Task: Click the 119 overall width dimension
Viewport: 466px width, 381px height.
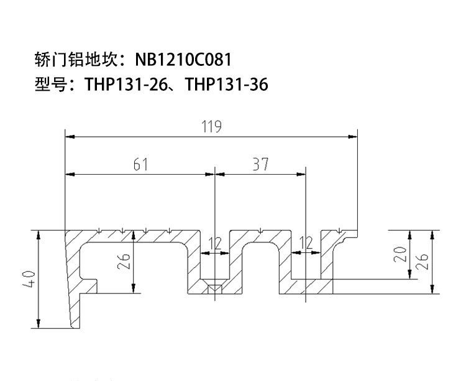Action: click(212, 126)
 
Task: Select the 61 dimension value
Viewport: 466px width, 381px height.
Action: click(140, 164)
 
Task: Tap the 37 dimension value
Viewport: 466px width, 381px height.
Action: click(260, 164)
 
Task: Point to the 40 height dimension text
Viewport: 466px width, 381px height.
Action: click(29, 279)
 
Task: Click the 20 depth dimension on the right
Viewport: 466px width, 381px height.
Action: click(400, 254)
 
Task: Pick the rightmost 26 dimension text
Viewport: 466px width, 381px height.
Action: click(422, 261)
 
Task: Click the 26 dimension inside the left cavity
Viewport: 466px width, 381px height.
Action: click(124, 260)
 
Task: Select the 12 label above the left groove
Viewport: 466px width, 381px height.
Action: click(215, 244)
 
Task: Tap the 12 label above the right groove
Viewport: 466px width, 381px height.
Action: click(306, 243)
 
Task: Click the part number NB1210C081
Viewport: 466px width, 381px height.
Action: click(183, 60)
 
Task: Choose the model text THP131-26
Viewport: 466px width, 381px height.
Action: click(126, 84)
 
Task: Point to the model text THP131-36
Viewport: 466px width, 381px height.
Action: click(226, 84)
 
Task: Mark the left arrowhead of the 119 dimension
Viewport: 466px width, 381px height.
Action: click(70, 137)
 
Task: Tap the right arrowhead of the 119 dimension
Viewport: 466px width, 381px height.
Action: click(353, 137)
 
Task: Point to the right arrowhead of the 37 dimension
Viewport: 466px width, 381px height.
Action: click(301, 174)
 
